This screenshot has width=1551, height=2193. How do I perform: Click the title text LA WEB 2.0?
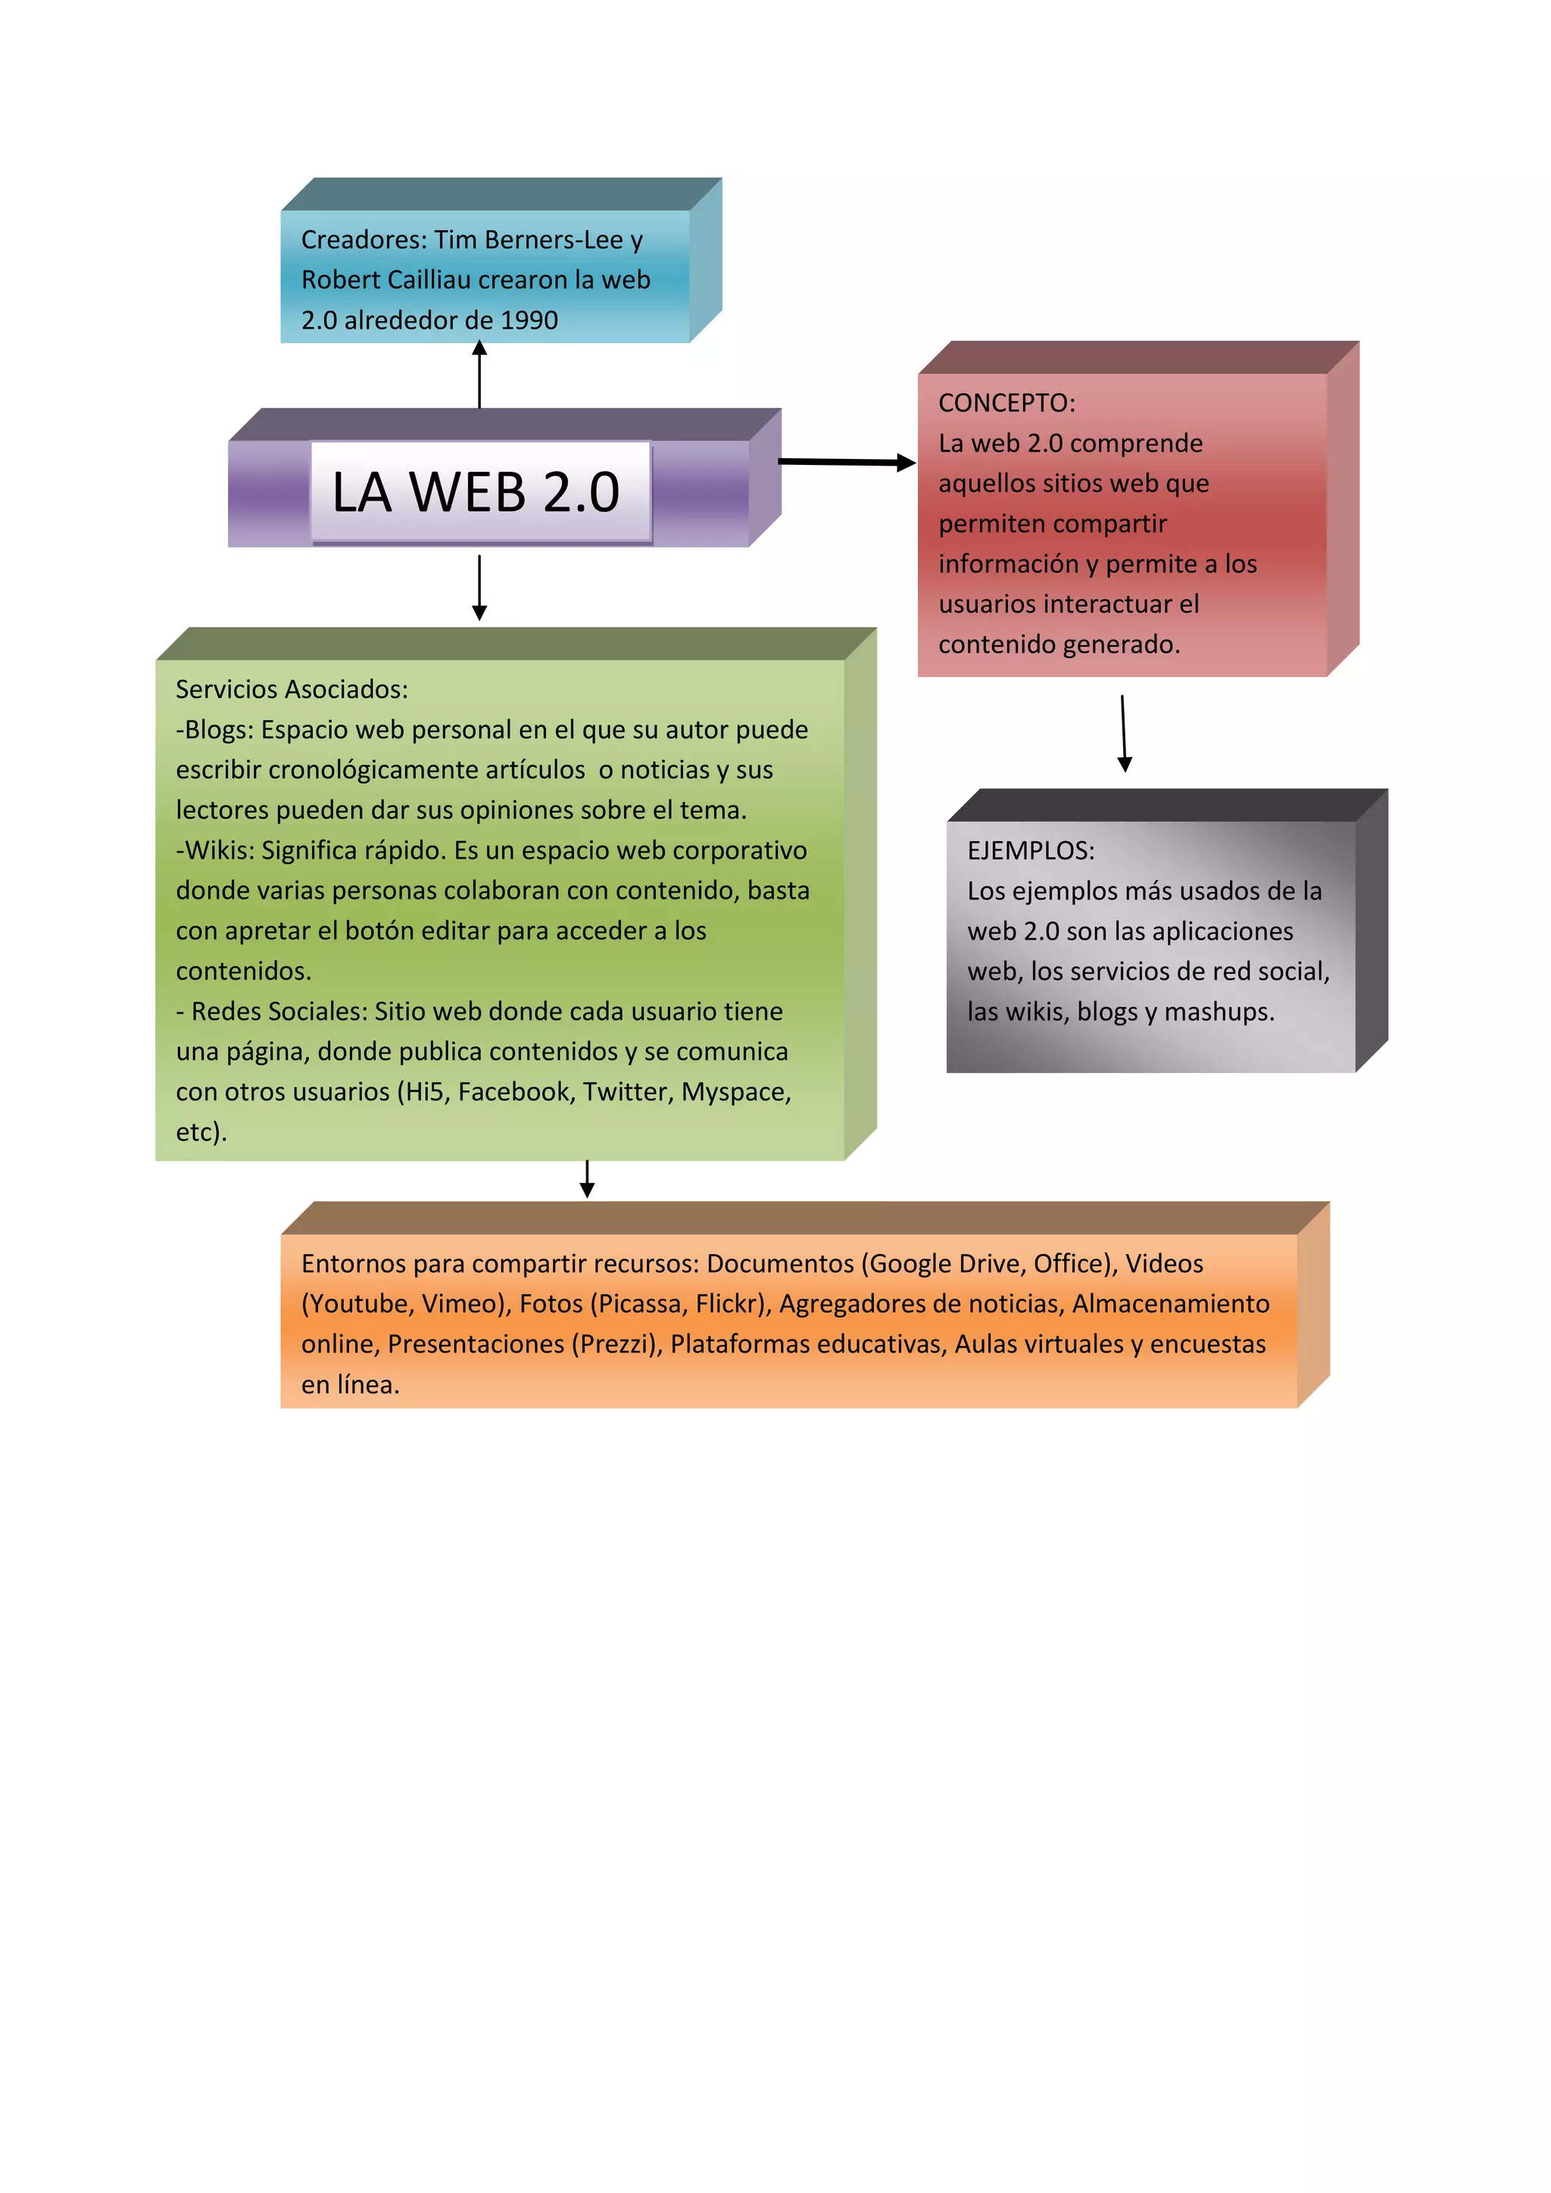coord(476,493)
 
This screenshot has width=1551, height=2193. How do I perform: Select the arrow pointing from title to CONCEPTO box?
coord(846,462)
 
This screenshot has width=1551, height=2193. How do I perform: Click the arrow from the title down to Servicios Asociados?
coord(479,588)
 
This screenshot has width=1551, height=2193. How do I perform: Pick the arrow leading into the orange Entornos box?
coord(588,1180)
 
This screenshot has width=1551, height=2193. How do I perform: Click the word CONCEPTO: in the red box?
coord(1006,403)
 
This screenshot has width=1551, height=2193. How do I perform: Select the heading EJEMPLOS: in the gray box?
coord(1031,851)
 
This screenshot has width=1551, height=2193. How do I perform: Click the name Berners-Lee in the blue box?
coord(554,240)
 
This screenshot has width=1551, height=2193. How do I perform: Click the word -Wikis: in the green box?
coord(215,850)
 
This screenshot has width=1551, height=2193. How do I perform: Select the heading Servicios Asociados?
coord(292,690)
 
